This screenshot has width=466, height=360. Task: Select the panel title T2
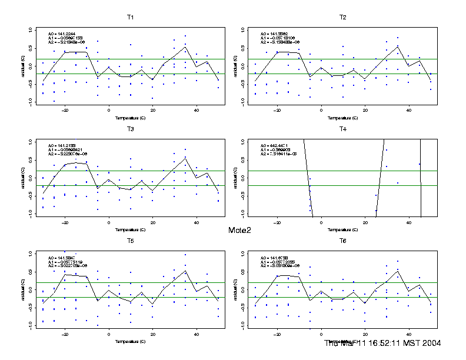coord(342,17)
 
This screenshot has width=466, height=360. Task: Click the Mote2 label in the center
coord(239,230)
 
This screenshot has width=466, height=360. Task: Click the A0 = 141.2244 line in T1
coord(62,34)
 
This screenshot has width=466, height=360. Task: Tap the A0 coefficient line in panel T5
coord(62,257)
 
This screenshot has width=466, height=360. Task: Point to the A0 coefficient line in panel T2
coord(274,34)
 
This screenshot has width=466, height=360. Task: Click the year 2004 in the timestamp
coord(431,343)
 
